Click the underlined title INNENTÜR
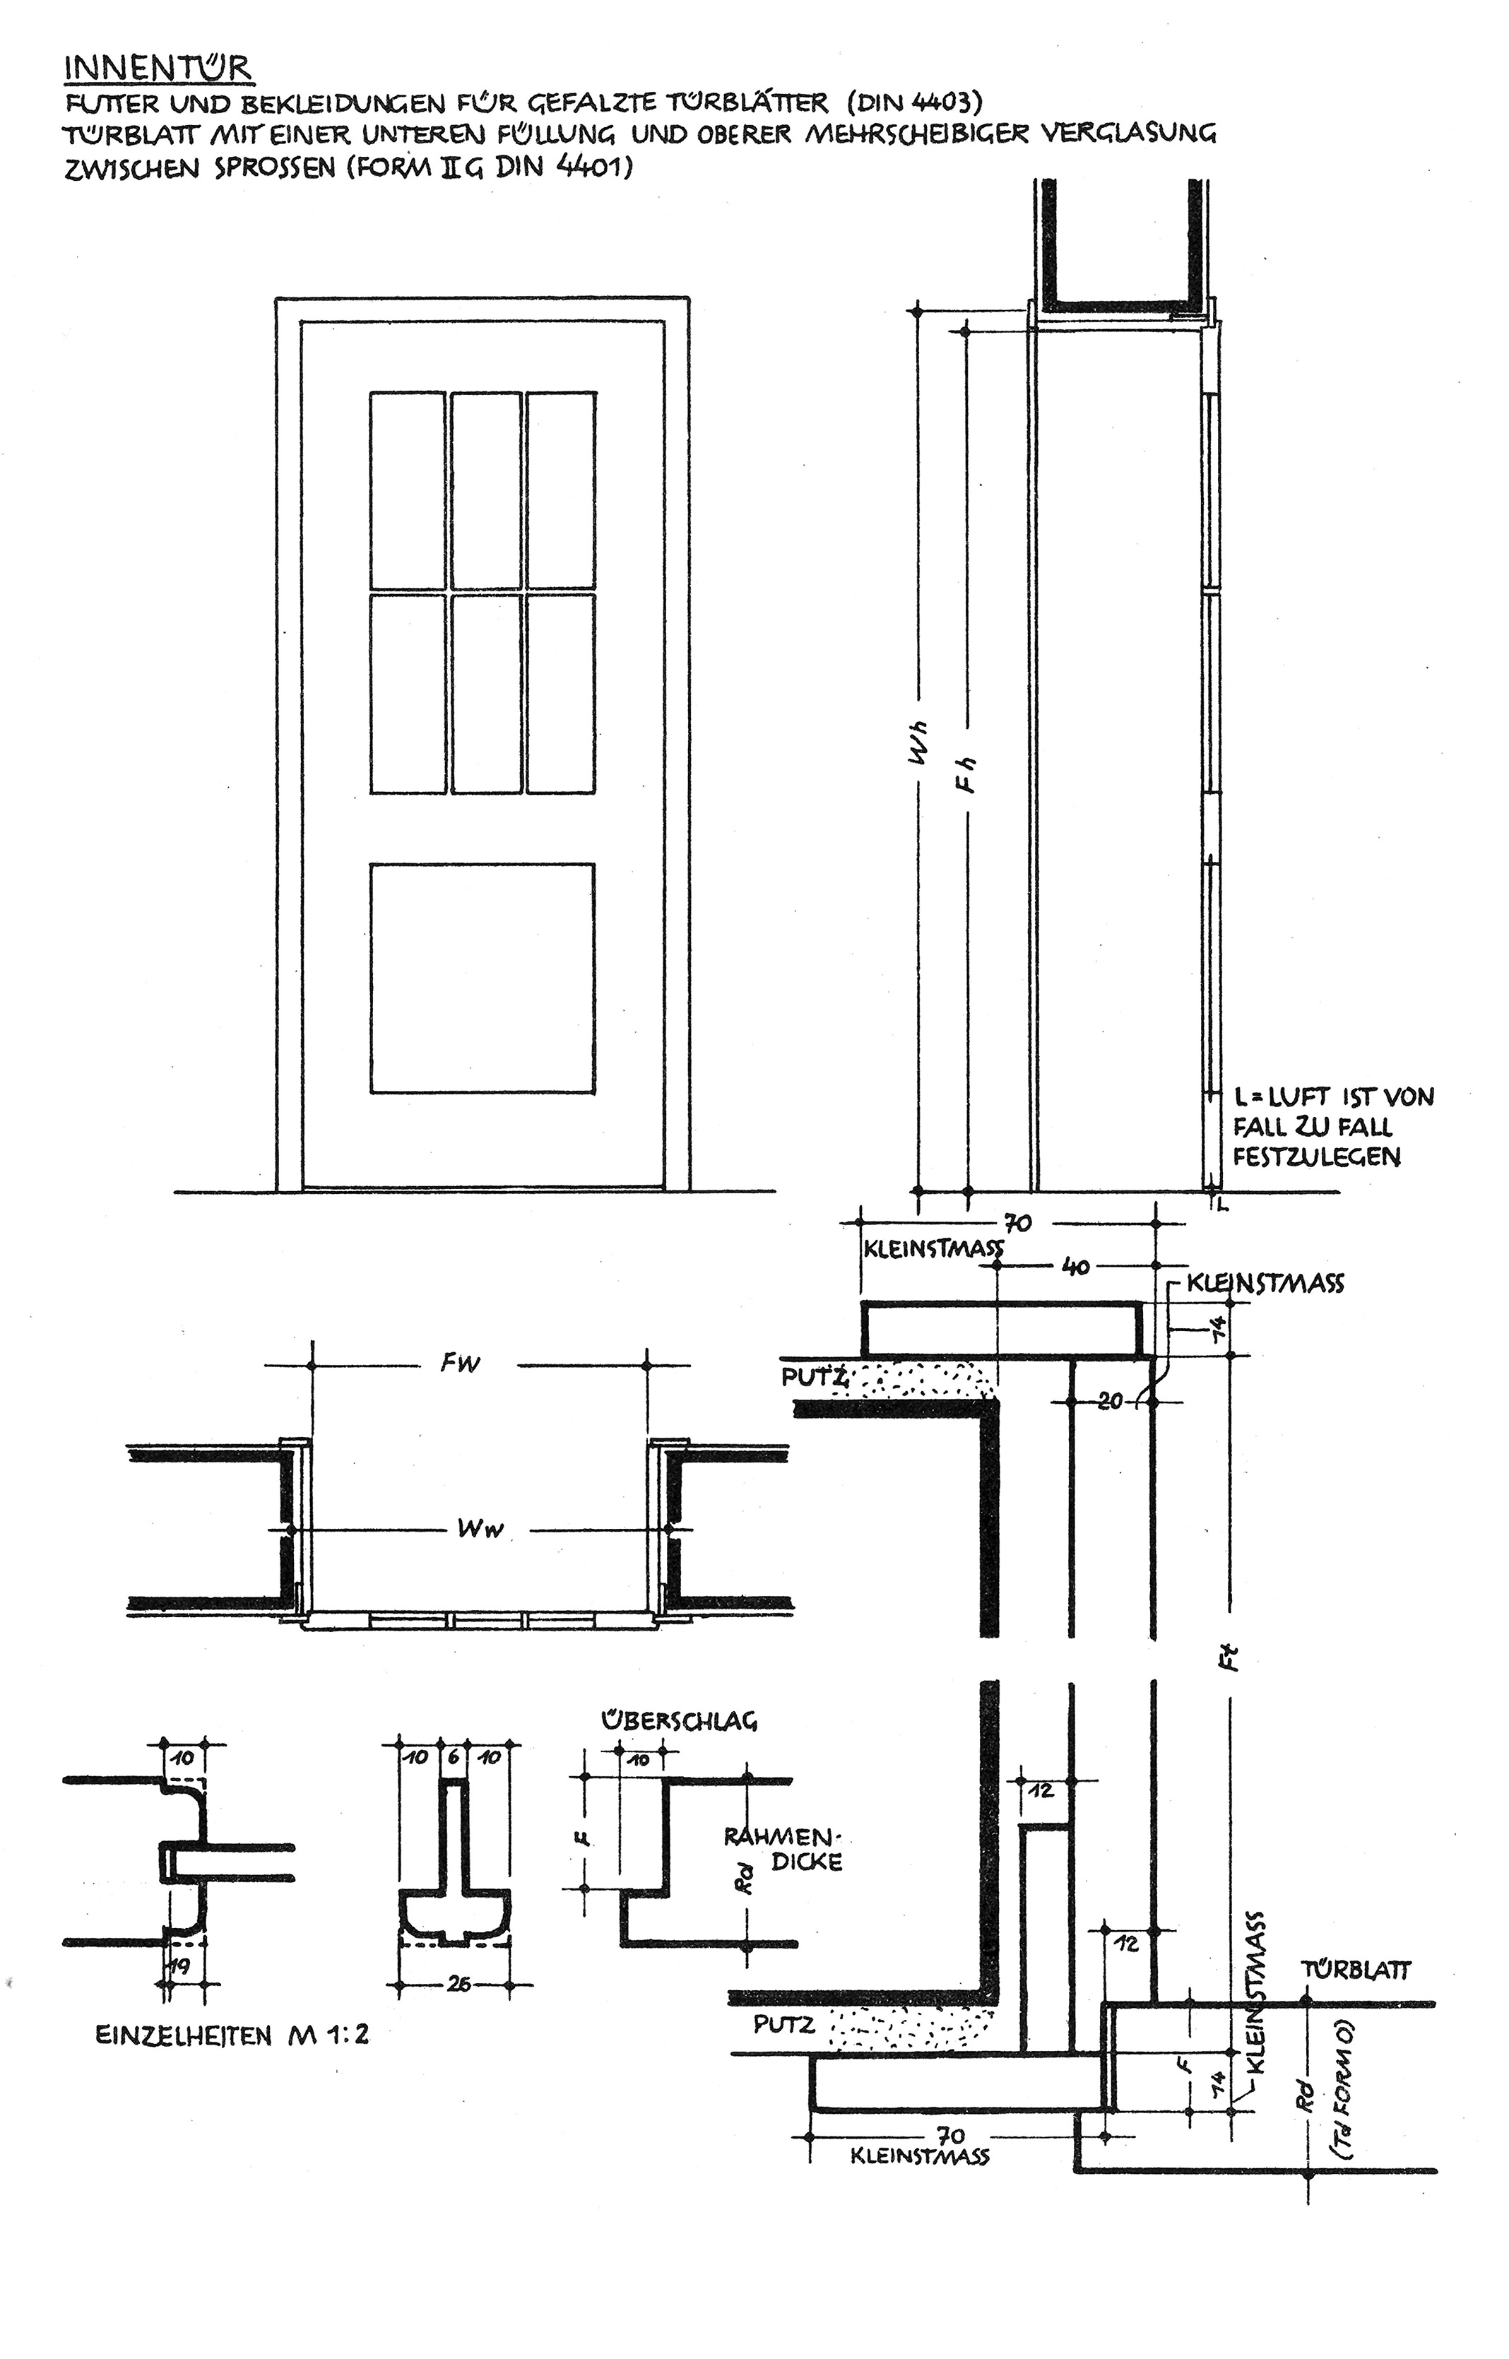(x=158, y=69)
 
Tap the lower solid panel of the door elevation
(x=482, y=978)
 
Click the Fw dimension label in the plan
(x=461, y=1363)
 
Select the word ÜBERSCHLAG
(x=678, y=1720)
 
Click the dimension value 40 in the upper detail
(x=1076, y=1267)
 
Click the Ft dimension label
(x=1233, y=1657)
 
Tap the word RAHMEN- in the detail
(x=784, y=1837)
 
